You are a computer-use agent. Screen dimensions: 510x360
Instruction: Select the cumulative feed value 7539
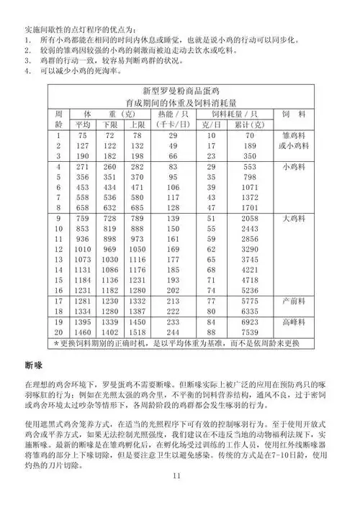(x=250, y=334)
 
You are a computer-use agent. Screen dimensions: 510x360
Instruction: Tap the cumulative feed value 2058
(x=250, y=218)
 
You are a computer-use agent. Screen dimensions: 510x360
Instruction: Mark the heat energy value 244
(x=173, y=334)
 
